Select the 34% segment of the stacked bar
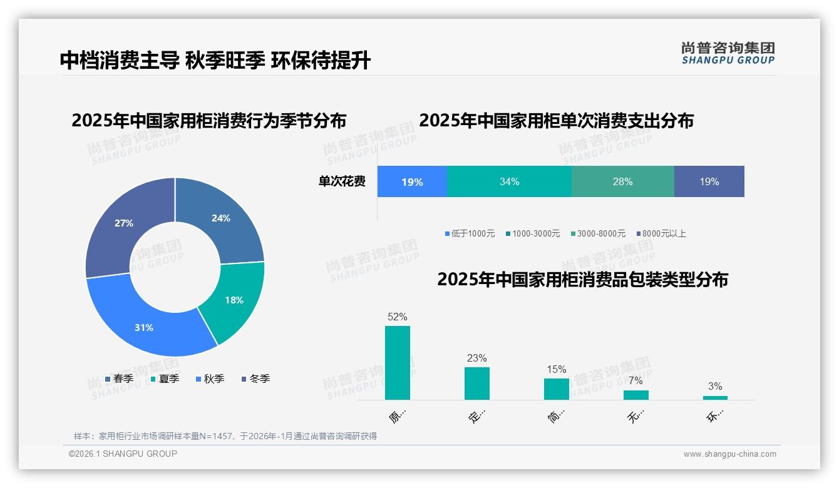point(509,181)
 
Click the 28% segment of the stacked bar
point(622,181)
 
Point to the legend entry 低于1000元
point(470,233)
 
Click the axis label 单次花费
point(342,181)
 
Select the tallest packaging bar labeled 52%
point(398,363)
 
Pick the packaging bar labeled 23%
point(477,383)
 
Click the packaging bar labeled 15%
point(557,389)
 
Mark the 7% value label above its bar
point(636,380)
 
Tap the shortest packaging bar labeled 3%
point(715,397)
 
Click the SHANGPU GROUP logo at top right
point(728,53)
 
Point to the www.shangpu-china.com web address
point(729,454)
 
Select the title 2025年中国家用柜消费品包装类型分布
point(582,280)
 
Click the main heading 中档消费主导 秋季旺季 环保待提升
point(215,60)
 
